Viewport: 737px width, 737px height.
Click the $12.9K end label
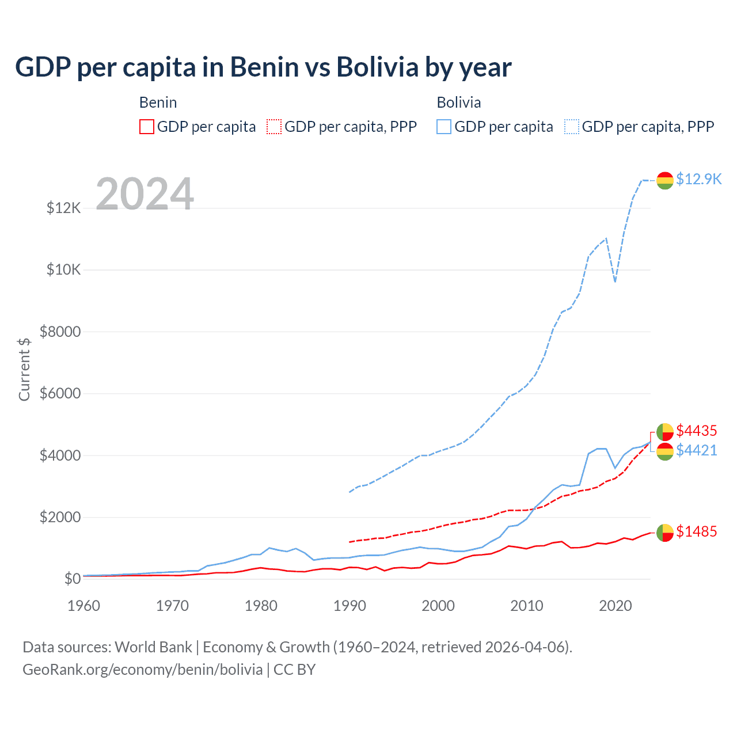(698, 179)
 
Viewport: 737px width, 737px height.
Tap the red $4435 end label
(697, 431)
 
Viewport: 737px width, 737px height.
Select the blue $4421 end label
(697, 450)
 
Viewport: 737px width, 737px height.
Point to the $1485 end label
(697, 531)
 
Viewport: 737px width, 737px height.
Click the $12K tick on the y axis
(64, 208)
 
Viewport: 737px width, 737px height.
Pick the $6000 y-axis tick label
(60, 394)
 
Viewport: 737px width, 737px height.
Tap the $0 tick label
(72, 579)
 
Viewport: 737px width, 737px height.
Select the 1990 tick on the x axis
(349, 606)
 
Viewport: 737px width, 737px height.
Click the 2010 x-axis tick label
(527, 606)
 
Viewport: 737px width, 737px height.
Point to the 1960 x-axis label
(84, 606)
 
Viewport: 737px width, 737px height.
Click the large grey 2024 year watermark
(145, 194)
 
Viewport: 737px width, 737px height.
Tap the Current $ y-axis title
(24, 369)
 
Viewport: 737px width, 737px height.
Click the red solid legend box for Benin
(147, 127)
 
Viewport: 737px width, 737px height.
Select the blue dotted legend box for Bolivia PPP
(572, 127)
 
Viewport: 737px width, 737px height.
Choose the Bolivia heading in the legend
(459, 102)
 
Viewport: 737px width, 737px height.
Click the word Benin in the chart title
(265, 67)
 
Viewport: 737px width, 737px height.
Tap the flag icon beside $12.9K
(665, 180)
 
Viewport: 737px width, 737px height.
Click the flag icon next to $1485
(665, 533)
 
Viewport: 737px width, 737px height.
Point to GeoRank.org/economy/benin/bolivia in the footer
(143, 670)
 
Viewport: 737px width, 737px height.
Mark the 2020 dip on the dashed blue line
(615, 281)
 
